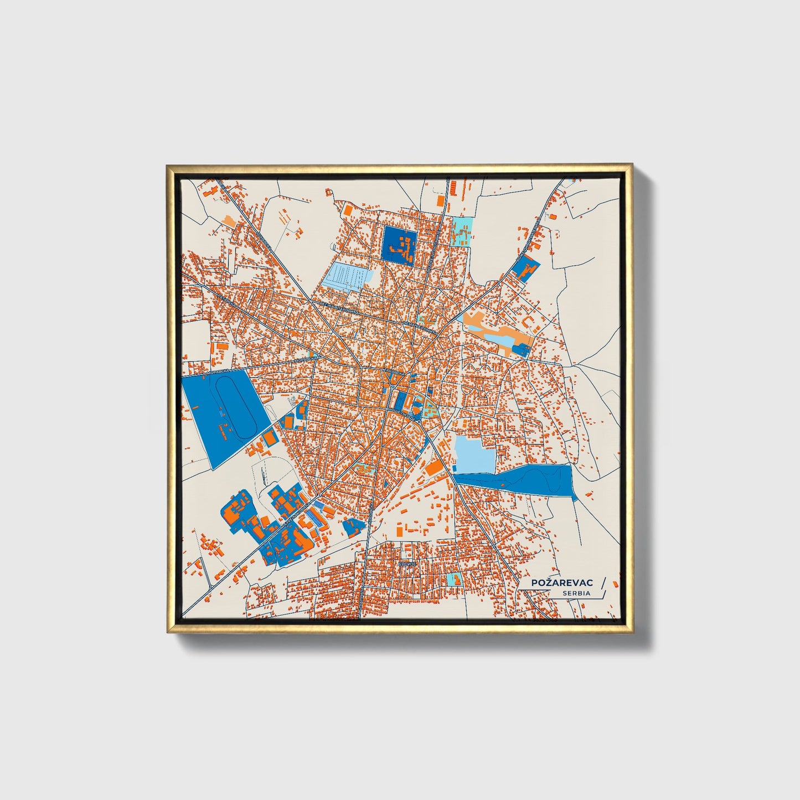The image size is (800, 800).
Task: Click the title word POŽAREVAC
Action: pyautogui.click(x=562, y=583)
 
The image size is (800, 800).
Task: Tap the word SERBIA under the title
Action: pyautogui.click(x=576, y=593)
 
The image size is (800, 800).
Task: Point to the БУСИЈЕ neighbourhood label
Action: pyautogui.click(x=406, y=563)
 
